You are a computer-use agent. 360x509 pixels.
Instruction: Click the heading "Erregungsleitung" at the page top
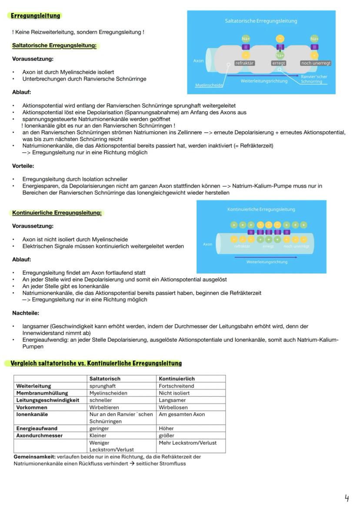[35, 16]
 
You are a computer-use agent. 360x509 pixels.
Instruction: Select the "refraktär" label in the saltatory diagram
[244, 63]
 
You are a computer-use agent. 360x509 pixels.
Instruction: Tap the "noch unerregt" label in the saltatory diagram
[316, 63]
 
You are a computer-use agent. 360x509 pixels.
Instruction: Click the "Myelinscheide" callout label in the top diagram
[209, 86]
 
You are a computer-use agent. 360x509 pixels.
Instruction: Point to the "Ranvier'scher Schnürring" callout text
[314, 79]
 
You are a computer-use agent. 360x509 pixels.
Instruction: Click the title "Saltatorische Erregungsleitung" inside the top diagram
[261, 21]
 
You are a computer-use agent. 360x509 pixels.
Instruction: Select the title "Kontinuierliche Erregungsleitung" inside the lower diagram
[261, 209]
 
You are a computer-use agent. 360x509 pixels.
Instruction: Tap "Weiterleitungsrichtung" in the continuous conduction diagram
[267, 262]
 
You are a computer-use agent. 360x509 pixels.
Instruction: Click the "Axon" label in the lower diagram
[208, 244]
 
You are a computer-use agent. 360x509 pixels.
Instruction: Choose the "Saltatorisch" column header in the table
[105, 379]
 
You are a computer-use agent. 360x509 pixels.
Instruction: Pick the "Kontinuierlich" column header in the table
[177, 379]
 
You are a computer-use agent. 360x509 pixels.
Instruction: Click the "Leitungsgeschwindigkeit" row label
[48, 400]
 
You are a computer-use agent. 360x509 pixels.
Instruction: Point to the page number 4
[347, 498]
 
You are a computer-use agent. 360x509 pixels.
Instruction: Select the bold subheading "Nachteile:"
[26, 313]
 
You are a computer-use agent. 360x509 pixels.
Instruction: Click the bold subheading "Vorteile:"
[23, 166]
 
